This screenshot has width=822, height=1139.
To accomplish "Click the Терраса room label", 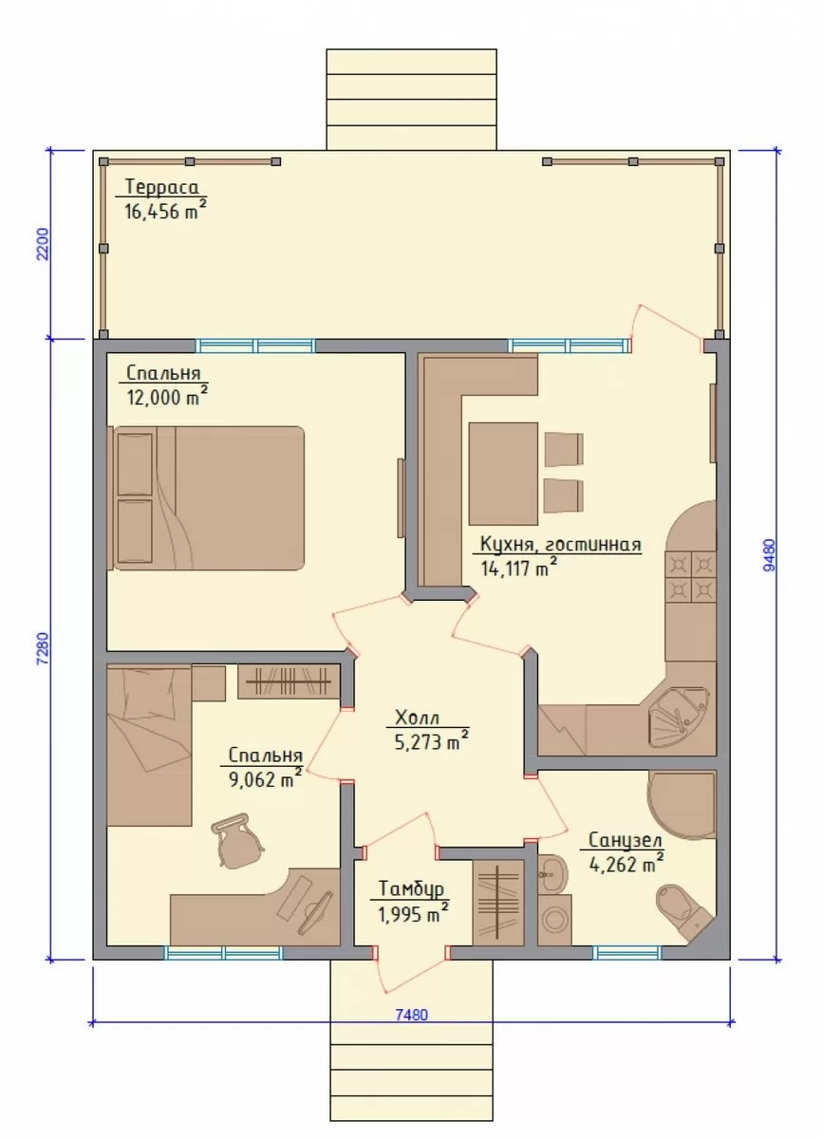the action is [x=162, y=187].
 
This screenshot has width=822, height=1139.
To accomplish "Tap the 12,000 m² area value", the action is [x=167, y=397].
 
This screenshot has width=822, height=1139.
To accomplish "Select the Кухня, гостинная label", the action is [x=561, y=545].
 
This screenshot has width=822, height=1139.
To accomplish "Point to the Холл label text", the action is [x=417, y=718].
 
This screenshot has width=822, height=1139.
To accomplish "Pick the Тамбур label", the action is [x=412, y=888].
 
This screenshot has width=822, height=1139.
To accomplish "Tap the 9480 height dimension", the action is [x=770, y=555].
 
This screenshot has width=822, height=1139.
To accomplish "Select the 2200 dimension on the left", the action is [x=44, y=244].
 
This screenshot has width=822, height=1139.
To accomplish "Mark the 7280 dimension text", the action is [x=44, y=648].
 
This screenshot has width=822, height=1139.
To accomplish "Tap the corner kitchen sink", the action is [x=680, y=717].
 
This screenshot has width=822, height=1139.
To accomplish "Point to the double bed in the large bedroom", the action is [x=209, y=497].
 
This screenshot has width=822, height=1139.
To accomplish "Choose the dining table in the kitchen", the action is [x=503, y=474].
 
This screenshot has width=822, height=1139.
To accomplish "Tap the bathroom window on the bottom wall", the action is [x=627, y=952].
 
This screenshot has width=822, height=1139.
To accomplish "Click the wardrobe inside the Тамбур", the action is [x=498, y=903].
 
